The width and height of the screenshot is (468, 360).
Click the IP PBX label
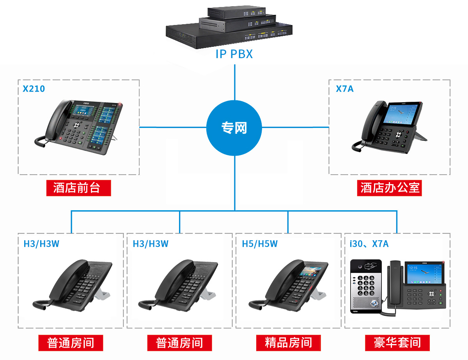234,54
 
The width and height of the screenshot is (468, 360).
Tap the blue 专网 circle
234,128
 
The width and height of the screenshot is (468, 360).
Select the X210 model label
34,89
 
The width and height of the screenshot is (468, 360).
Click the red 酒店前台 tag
78,188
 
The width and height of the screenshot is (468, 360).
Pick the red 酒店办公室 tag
390,188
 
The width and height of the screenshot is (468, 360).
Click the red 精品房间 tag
288,343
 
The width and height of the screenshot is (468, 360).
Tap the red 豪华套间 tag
397,343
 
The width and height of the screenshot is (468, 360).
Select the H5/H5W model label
260,244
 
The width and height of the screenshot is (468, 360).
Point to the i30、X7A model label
369,244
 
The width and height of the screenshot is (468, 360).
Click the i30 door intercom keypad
365,286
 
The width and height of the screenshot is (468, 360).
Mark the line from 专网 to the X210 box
173,127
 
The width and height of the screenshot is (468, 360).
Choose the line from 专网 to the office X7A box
296,127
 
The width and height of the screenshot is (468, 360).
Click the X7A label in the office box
345,89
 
